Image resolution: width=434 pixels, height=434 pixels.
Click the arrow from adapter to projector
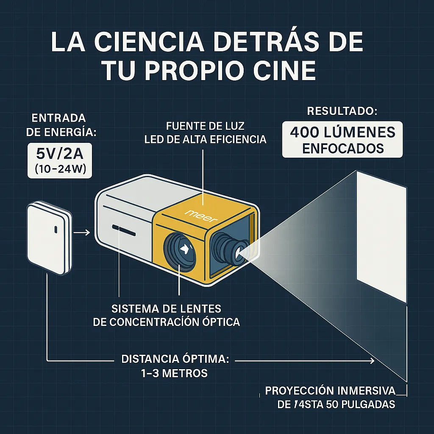[x=81, y=232]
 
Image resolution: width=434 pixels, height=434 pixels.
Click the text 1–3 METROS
[x=175, y=373]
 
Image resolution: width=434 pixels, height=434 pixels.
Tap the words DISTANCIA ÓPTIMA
[x=175, y=359]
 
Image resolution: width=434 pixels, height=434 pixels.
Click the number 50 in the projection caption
[x=334, y=404]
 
